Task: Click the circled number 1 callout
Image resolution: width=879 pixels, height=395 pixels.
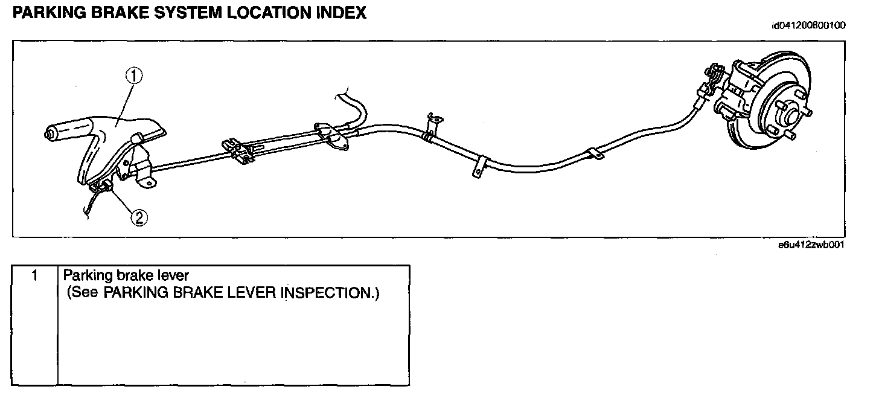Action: [x=134, y=75]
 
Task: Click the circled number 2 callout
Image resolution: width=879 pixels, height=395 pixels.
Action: [x=139, y=216]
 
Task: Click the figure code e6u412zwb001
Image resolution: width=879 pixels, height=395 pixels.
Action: [x=811, y=245]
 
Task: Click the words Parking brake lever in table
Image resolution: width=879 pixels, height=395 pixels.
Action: [x=126, y=276]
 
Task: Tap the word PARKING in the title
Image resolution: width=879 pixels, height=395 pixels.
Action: [x=41, y=13]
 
